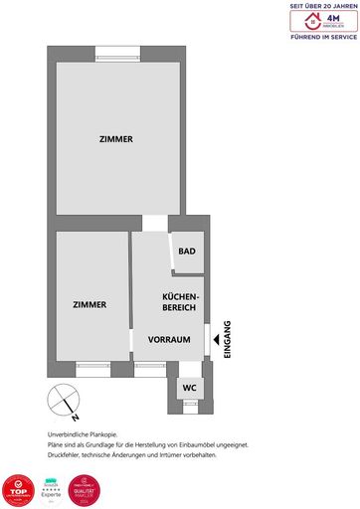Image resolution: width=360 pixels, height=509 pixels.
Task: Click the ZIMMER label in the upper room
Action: pos(116,139)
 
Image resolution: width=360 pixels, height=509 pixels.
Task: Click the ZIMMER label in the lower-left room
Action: pos(90,304)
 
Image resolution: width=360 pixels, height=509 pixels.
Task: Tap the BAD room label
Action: pos(186,252)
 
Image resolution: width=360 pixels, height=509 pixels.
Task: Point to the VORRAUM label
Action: pos(169,340)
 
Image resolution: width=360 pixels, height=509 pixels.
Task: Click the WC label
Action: pos(188,387)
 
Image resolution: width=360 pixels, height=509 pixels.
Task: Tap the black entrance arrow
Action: pos(217,340)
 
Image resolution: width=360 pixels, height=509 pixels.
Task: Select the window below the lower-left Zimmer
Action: pos(93,367)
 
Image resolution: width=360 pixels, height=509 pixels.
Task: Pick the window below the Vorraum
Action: pos(150,367)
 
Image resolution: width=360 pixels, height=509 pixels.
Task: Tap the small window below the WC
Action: pos(189,405)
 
